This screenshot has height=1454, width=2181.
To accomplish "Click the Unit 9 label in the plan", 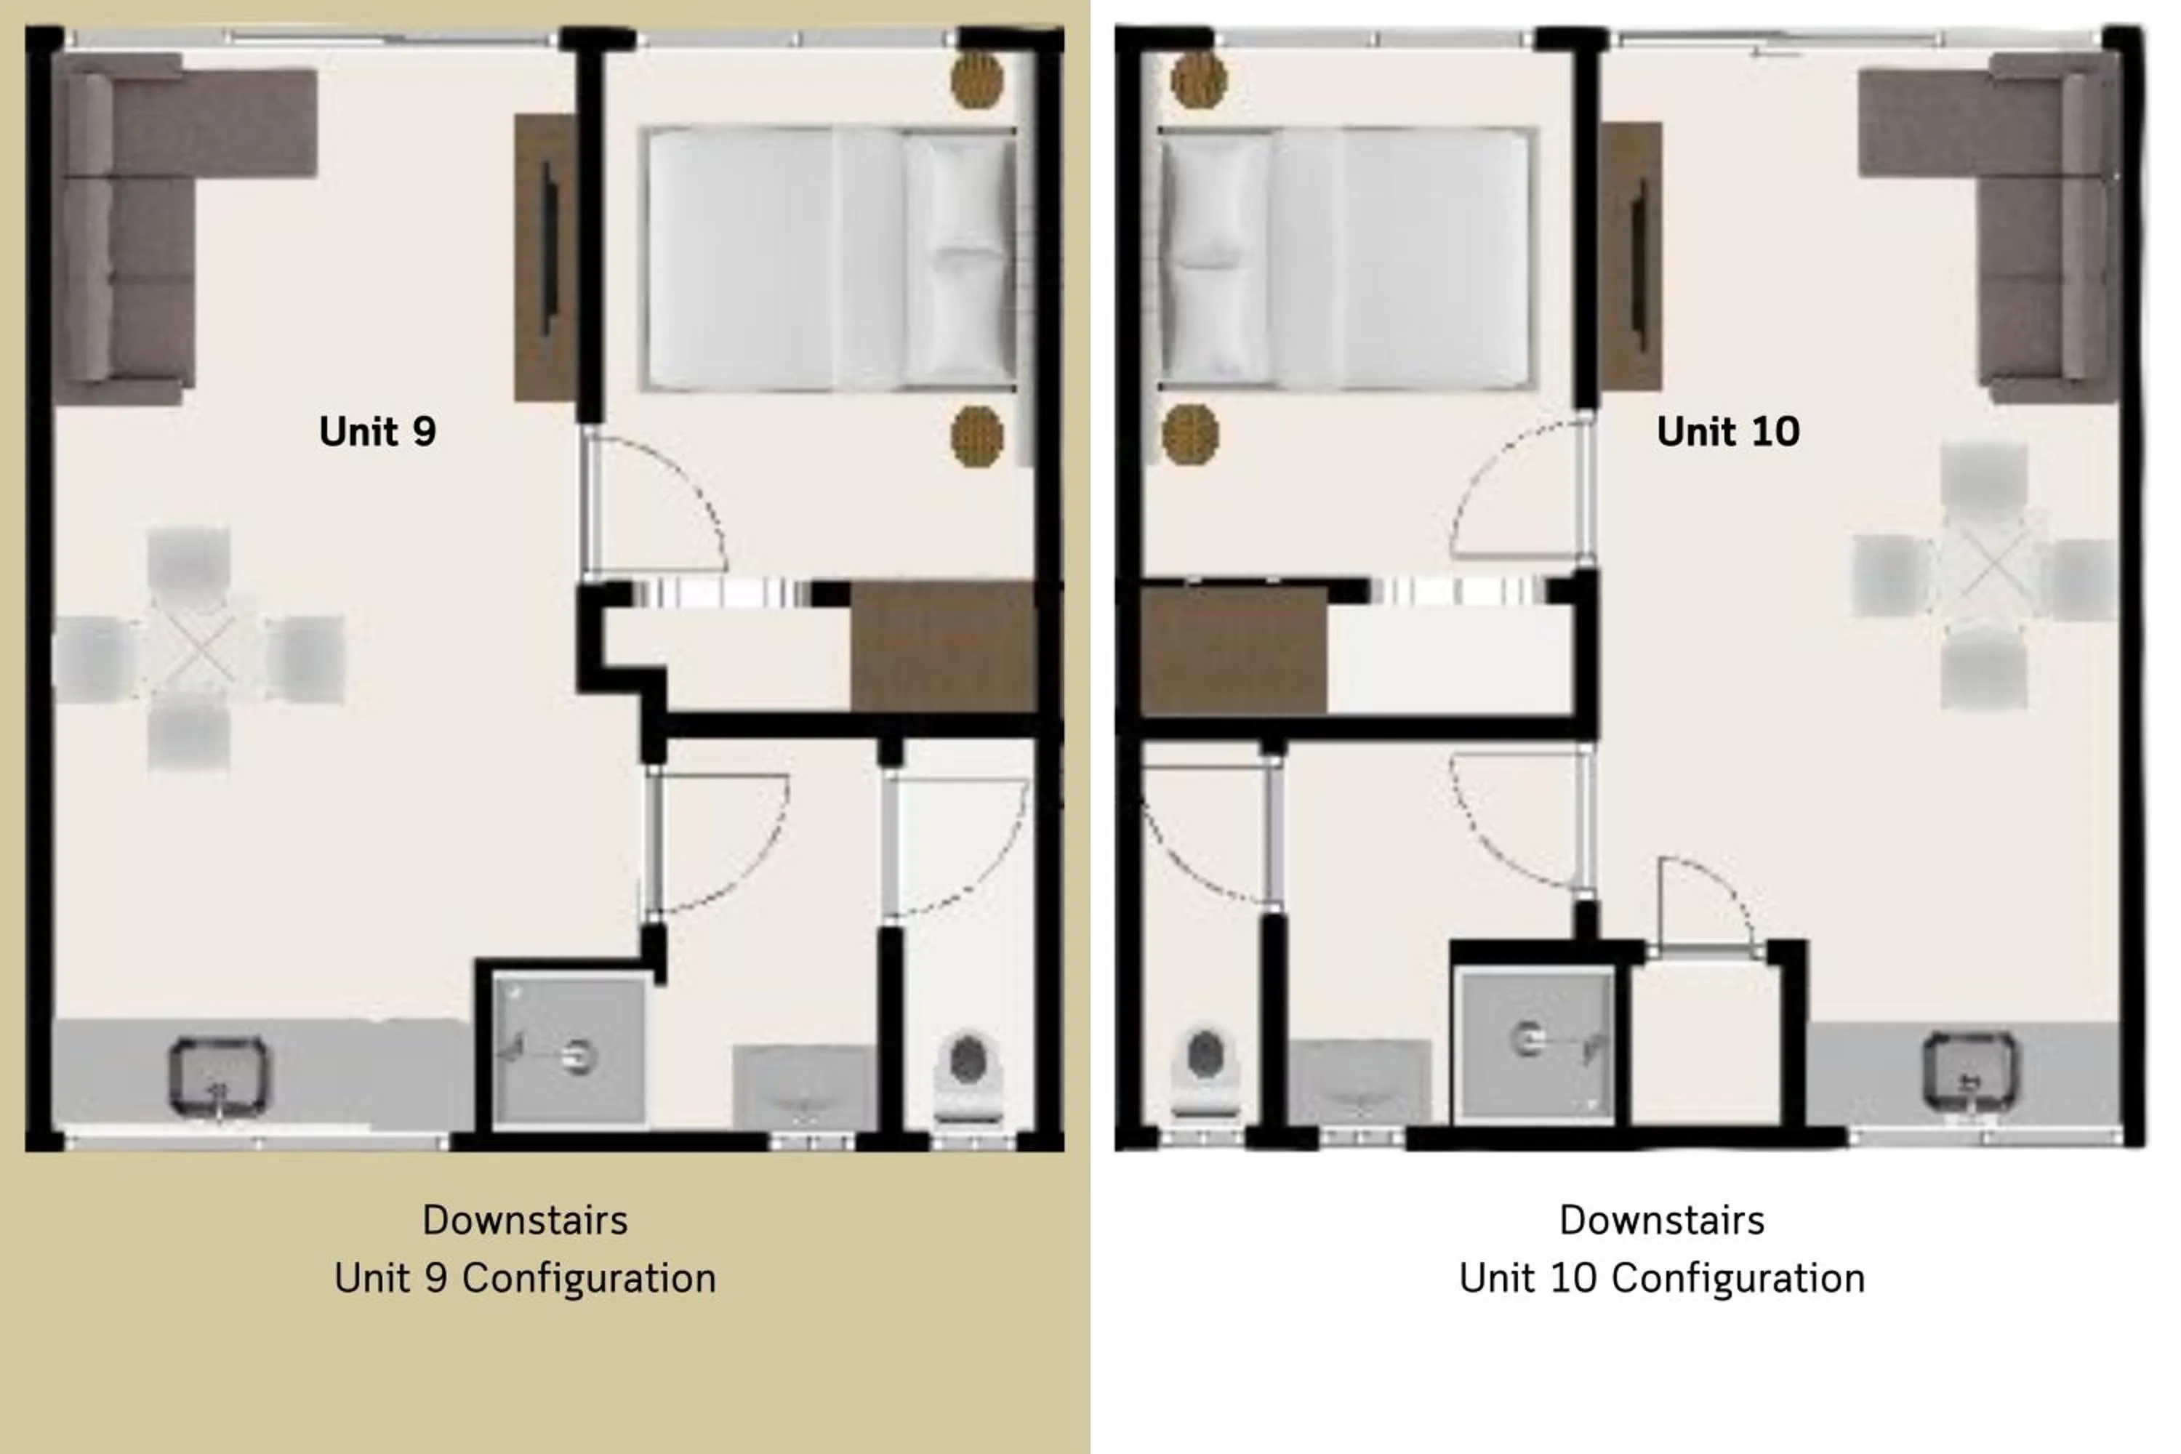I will point(377,432).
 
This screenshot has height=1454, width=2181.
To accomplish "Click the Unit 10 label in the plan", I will point(1727,432).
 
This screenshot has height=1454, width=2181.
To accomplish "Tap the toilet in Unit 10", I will point(1205,1071).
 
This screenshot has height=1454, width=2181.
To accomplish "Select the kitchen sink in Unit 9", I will point(219,1076).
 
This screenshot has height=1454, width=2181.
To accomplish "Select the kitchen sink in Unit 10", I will point(1969,1072).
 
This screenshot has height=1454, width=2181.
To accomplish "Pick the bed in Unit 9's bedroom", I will point(830,259).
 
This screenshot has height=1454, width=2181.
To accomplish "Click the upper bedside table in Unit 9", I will point(976,80).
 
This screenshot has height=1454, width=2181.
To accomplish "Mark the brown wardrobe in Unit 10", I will point(1233,650).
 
